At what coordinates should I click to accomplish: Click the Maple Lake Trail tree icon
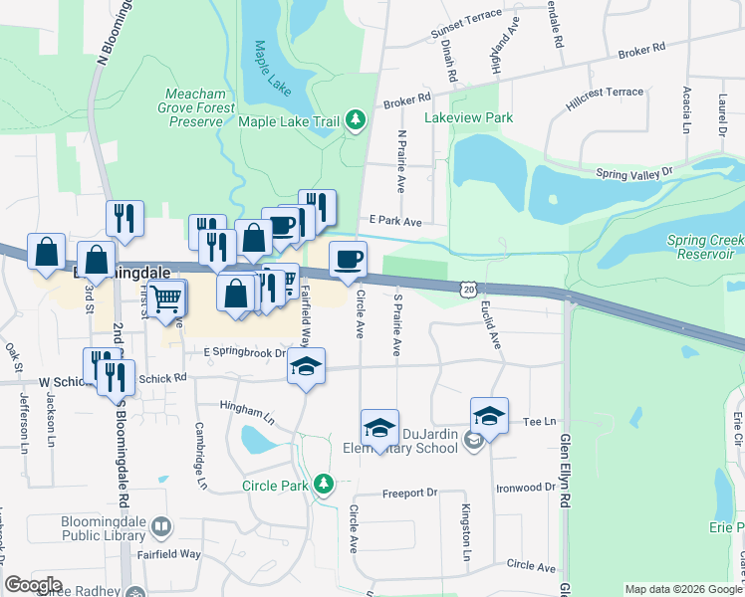click(x=356, y=121)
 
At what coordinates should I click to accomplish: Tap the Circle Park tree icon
click(x=322, y=485)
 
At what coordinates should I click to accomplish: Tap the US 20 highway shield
click(x=469, y=288)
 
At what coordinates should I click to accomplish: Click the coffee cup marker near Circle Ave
click(x=348, y=260)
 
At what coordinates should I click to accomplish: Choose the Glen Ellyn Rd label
click(x=564, y=468)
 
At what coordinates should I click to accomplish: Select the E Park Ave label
click(x=395, y=221)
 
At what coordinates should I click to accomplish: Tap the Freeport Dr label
click(x=409, y=494)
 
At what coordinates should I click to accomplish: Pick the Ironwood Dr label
click(x=528, y=487)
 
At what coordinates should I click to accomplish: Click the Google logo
click(x=33, y=585)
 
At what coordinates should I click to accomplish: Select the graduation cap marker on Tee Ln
click(x=489, y=415)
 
